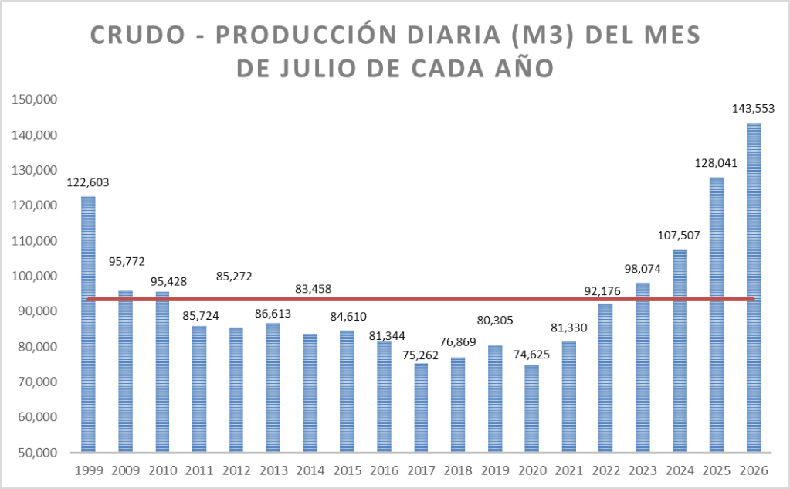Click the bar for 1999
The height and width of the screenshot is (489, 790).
coord(88,324)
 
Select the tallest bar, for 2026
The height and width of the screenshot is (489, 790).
coord(754,287)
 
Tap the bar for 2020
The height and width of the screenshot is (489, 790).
coord(531,409)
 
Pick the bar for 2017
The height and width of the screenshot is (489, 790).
coord(421,407)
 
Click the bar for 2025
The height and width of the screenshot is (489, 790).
coord(717,314)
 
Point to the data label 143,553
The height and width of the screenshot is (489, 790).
coord(753,108)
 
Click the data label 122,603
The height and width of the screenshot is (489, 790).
coord(88,182)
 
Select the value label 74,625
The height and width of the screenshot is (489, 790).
coord(531,355)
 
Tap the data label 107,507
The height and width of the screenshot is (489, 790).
coord(679,236)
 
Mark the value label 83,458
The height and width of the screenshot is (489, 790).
coord(314,289)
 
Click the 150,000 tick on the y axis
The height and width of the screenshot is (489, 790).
coord(34,100)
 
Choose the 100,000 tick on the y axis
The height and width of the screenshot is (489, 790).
coord(34,277)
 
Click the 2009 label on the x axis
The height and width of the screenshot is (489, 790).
coord(125,471)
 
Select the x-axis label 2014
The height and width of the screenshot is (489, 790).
coord(310,471)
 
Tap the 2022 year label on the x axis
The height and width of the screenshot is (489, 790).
coord(605,471)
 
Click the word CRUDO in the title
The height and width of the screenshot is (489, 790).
coord(138,36)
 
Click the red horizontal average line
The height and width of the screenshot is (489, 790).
coord(421,299)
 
